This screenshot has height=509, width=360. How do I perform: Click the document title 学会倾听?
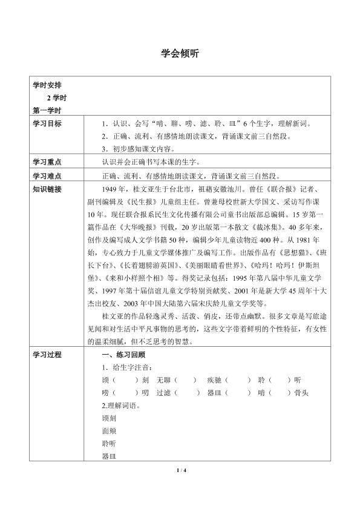coord(180,53)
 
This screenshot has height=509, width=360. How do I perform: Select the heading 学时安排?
coord(47,85)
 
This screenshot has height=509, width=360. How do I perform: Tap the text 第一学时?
coord(47,110)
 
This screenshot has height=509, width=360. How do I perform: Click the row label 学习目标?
coord(47,123)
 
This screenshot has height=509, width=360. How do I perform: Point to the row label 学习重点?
coord(47,162)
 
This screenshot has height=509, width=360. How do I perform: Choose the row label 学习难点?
coord(47,176)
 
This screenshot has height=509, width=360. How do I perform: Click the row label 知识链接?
coord(47,189)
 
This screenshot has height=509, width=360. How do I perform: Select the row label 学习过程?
coord(47,355)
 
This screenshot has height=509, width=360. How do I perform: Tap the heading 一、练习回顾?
coord(123,355)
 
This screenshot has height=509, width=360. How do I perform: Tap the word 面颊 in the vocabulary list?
coord(110,431)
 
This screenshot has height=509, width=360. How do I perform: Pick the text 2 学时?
coord(58,98)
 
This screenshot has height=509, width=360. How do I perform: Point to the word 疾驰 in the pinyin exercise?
coord(214,380)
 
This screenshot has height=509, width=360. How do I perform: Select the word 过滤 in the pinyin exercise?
coord(163,393)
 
